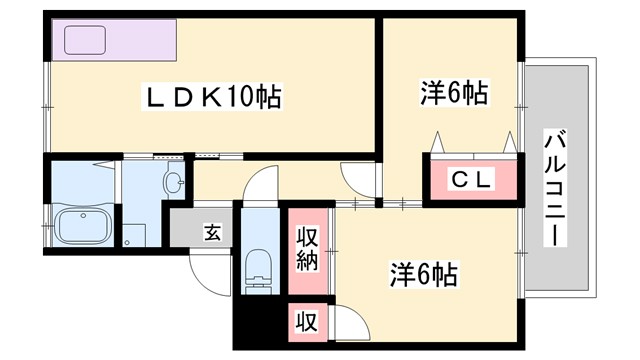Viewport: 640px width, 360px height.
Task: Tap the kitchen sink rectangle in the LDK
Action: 85,40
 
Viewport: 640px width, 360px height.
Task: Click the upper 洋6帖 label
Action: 452,95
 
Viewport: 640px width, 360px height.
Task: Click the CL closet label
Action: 473,181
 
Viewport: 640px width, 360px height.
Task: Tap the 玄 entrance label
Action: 213,232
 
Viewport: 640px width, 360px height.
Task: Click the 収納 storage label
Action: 308,250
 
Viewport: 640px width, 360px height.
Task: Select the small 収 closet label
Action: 308,322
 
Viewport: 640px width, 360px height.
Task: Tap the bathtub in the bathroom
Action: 84,226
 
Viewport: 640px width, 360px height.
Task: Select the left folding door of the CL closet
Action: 438,146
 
